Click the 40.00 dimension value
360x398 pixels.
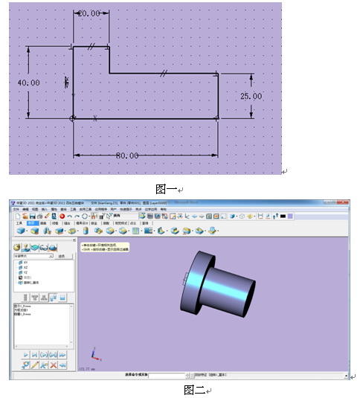coord(28,83)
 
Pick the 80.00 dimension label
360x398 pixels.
coord(126,155)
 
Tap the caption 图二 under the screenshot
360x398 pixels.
coord(194,389)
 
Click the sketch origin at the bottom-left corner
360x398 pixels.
coord(72,118)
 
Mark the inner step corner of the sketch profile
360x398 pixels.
coord(111,74)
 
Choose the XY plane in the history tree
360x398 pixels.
coord(25,262)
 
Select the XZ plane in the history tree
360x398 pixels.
coord(25,267)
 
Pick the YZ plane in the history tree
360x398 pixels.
coord(25,272)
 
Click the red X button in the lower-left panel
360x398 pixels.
coord(53,365)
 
